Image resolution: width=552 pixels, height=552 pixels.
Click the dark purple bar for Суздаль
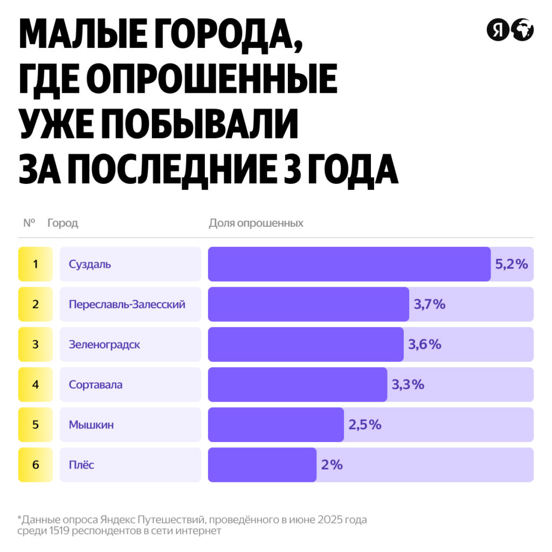(349, 264)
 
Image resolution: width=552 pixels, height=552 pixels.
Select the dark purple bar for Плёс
(262, 465)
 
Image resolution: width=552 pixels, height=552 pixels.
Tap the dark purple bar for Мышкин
(276, 425)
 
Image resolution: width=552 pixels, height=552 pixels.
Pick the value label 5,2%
(511, 264)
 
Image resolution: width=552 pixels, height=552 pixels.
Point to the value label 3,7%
(430, 304)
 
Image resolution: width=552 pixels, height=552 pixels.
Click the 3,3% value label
(408, 384)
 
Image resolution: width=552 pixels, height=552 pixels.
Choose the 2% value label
(332, 465)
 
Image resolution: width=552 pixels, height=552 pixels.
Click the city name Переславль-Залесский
(127, 304)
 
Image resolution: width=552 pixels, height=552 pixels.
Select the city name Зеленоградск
(105, 344)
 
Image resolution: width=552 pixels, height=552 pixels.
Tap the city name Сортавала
(96, 385)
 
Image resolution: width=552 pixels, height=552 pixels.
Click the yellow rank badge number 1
(36, 264)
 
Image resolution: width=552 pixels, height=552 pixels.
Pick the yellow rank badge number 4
(36, 385)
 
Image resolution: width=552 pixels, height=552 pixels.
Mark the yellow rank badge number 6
(36, 465)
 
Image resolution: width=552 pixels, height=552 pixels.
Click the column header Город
(63, 223)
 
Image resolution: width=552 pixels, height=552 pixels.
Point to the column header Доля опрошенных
(256, 223)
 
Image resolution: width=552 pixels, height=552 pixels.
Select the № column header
(29, 223)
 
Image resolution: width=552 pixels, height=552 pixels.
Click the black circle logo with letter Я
(498, 30)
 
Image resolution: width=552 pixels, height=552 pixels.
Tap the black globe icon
(522, 30)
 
